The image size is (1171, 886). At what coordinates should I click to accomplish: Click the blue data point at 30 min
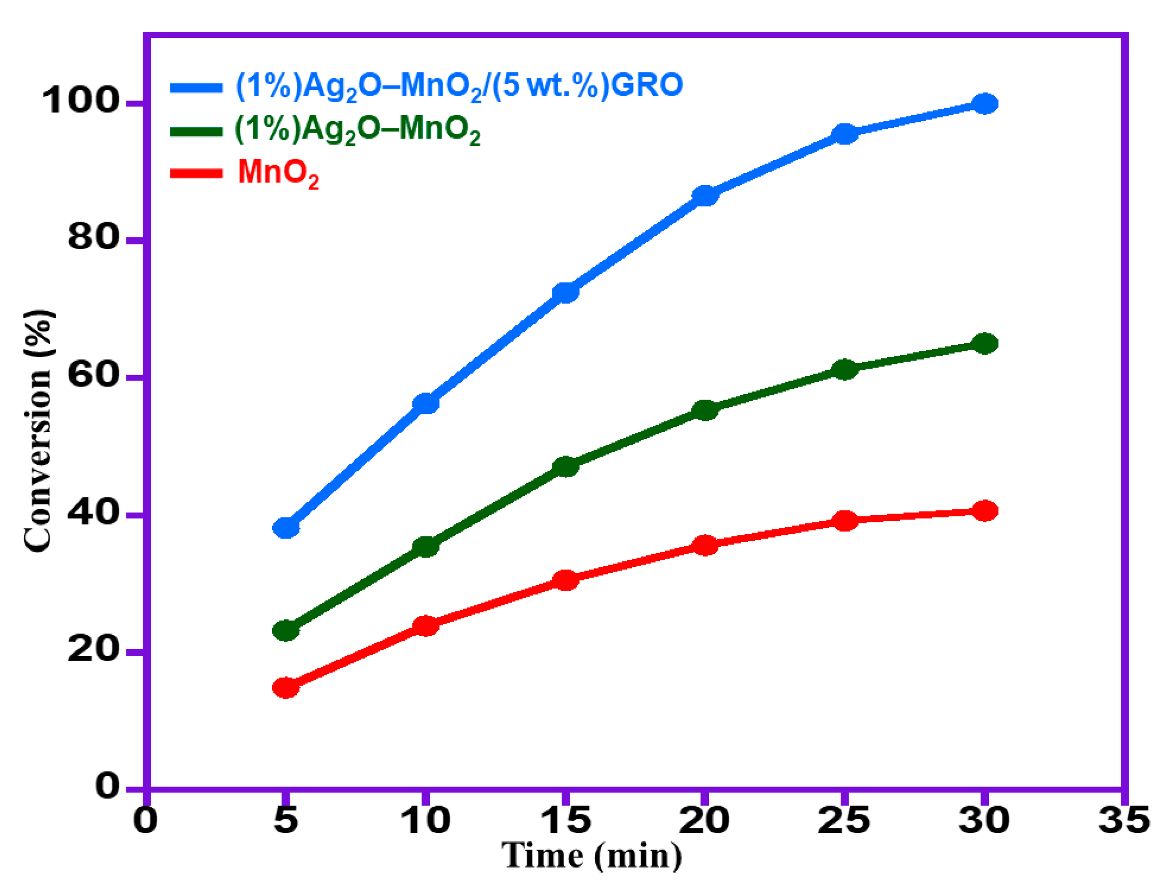point(984,104)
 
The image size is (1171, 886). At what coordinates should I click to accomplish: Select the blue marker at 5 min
point(286,528)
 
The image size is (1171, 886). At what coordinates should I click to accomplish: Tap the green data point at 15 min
point(566,466)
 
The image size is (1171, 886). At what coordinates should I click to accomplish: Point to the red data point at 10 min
point(426,626)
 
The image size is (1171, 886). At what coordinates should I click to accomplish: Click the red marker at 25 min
point(845,521)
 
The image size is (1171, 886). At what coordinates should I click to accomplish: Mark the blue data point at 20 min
point(704,196)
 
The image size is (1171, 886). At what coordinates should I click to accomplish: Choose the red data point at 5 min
point(286,688)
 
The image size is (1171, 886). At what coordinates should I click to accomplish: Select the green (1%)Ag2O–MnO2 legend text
point(357,129)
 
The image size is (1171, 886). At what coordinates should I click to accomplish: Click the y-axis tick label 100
point(81,100)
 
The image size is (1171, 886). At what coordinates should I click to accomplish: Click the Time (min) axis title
point(592,856)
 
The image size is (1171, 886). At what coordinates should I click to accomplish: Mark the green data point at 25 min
point(845,369)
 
